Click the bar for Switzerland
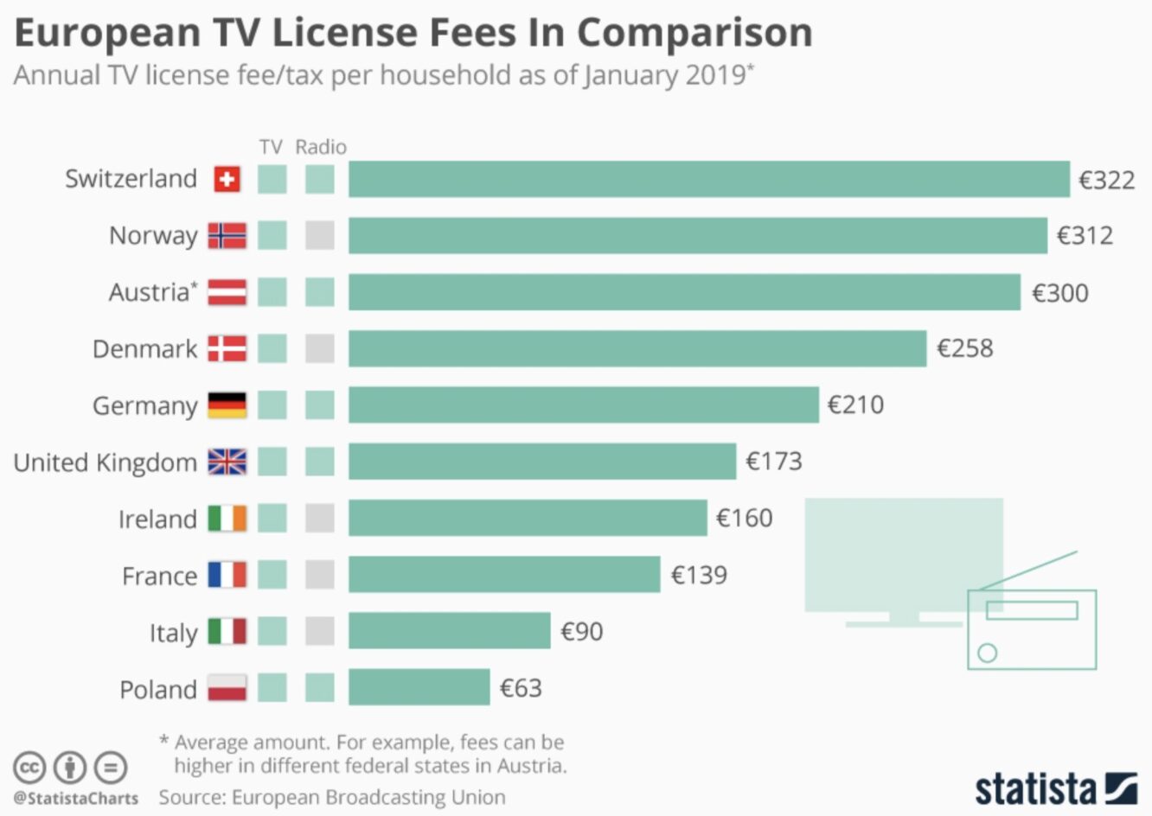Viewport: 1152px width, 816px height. tap(709, 179)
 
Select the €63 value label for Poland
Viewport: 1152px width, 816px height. tap(521, 688)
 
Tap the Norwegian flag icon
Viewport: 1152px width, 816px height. tap(227, 235)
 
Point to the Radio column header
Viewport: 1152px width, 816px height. tap(321, 147)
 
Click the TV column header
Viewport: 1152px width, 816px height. tap(271, 147)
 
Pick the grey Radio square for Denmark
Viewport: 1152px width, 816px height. tap(320, 349)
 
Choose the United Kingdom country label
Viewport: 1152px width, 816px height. tap(106, 462)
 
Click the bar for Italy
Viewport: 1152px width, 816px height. tap(449, 631)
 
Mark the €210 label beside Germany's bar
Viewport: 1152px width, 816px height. tap(855, 405)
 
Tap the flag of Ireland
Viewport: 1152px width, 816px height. tap(227, 519)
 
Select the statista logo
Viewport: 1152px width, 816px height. tap(1056, 787)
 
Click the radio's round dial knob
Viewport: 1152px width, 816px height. tap(988, 653)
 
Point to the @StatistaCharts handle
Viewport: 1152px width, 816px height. tap(76, 798)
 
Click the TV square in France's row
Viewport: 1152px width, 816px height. tap(272, 575)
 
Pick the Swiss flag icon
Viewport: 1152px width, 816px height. tap(227, 179)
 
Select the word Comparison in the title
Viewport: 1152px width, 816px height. tap(694, 33)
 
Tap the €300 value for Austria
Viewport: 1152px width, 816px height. tap(1059, 293)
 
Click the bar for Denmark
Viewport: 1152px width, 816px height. tap(637, 349)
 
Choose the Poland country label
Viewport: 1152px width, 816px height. tap(158, 690)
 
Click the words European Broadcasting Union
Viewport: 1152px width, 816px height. tap(368, 797)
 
